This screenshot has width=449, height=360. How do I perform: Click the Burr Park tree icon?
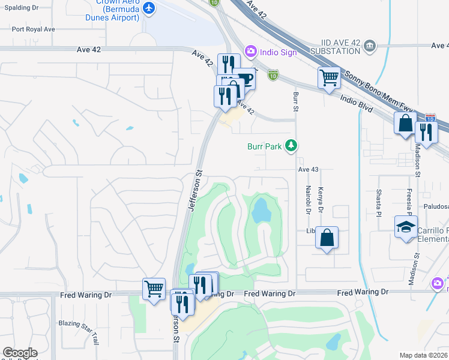[x=291, y=145]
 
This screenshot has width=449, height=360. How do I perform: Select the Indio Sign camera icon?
[x=250, y=52]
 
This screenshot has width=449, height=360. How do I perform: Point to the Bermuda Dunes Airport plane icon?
[x=149, y=8]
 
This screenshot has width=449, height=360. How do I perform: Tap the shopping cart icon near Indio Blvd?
[x=329, y=77]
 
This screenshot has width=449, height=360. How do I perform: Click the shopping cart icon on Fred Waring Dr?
[x=154, y=289]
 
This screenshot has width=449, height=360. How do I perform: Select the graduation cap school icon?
[x=406, y=227]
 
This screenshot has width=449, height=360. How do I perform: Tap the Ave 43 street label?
[x=307, y=170]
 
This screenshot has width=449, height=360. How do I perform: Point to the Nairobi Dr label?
[x=307, y=200]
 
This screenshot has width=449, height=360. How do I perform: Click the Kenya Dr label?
[x=321, y=200]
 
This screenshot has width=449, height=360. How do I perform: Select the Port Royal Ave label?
[x=33, y=29]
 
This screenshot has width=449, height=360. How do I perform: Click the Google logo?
[x=20, y=352]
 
